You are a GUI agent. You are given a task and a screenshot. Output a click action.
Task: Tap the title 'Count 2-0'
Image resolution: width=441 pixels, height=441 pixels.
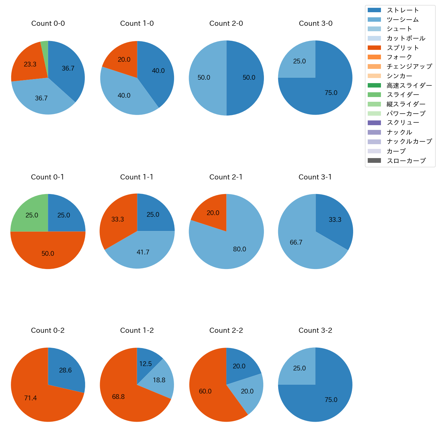pos(226,23)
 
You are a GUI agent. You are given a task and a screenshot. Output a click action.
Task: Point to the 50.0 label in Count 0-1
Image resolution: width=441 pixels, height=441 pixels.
pos(48,254)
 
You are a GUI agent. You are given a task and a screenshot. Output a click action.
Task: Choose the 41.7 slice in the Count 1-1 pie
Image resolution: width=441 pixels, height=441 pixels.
pos(142,252)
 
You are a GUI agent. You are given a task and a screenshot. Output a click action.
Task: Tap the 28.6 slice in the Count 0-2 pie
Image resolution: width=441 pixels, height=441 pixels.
pos(65,370)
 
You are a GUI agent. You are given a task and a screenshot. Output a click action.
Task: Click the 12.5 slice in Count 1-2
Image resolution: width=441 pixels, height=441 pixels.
pos(146,363)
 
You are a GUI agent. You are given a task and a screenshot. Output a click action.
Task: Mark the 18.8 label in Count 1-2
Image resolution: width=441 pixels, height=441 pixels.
pos(159,380)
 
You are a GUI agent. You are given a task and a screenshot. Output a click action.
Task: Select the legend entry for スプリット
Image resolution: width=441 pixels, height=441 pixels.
pos(403,48)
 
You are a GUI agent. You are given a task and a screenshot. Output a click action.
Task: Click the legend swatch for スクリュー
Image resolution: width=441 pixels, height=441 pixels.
pos(374,123)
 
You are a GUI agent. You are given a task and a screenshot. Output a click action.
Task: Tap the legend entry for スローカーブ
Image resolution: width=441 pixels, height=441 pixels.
pos(406,161)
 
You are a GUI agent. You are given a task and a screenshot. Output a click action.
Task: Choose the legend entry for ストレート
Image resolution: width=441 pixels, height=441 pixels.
pos(403,10)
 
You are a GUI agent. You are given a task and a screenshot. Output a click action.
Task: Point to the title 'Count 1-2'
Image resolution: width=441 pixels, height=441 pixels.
pos(137,330)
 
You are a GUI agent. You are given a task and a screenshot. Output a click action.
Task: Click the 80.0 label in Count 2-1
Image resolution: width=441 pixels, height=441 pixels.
pos(239,249)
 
